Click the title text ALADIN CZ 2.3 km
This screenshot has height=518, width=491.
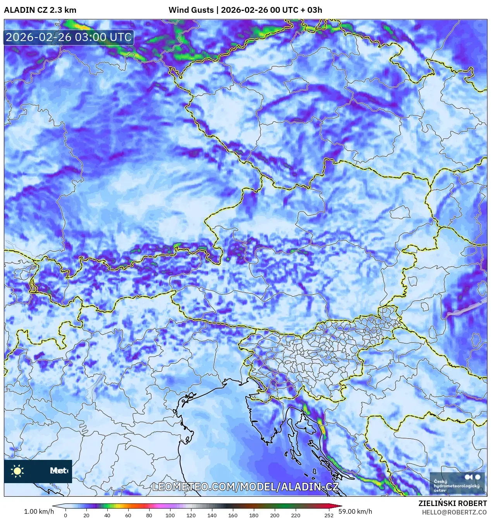pyautogui.click(x=40, y=10)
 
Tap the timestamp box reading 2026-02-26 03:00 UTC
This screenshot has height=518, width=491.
pyautogui.click(x=69, y=38)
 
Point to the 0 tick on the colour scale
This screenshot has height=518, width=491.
pyautogui.click(x=65, y=515)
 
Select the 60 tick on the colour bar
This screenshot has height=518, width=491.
pyautogui.click(x=128, y=515)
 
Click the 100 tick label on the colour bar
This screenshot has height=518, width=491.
pyautogui.click(x=170, y=515)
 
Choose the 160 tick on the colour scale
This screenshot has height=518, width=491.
pyautogui.click(x=233, y=515)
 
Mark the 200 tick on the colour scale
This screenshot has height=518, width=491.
pyautogui.click(x=275, y=515)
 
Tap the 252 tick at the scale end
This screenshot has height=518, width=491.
pyautogui.click(x=329, y=515)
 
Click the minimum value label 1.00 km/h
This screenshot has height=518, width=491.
pyautogui.click(x=39, y=511)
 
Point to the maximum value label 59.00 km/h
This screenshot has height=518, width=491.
pyautogui.click(x=355, y=511)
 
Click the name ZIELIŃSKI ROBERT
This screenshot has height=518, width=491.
pyautogui.click(x=452, y=503)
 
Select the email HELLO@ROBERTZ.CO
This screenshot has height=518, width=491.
pyautogui.click(x=454, y=512)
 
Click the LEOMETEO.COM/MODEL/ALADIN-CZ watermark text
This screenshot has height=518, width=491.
pyautogui.click(x=245, y=487)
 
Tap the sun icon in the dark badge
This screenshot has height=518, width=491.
pyautogui.click(x=17, y=471)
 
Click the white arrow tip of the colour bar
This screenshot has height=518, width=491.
pyautogui.click(x=55, y=506)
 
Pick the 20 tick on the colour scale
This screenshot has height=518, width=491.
pyautogui.click(x=86, y=515)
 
